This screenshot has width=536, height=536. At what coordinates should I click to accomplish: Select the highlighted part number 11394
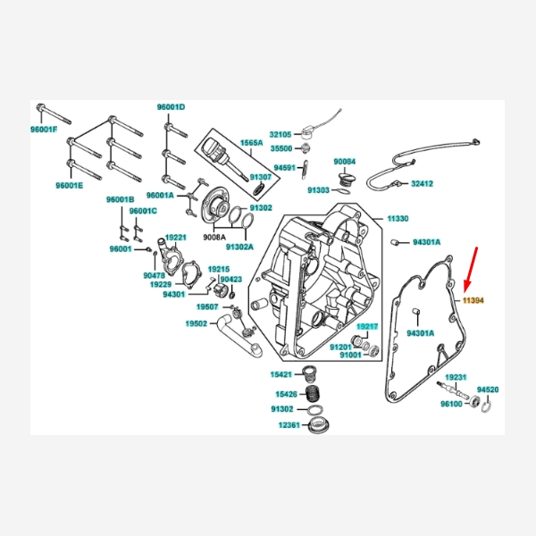click(473, 301)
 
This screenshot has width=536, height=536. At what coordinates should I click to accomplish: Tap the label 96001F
click(43, 130)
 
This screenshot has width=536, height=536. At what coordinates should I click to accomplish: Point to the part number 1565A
click(250, 143)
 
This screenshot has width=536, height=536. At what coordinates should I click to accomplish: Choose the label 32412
click(423, 184)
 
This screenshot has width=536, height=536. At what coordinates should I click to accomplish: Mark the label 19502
click(197, 323)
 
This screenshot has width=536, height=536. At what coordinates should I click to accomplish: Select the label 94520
click(488, 390)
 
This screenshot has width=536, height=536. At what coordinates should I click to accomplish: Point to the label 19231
click(456, 378)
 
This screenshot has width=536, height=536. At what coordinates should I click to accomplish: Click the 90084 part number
click(345, 162)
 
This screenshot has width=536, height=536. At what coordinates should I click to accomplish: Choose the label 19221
click(175, 238)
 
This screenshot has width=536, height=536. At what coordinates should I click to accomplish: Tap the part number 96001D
click(171, 107)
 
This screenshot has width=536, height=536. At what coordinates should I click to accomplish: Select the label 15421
click(283, 374)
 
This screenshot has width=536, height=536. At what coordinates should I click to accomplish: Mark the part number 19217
click(367, 328)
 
